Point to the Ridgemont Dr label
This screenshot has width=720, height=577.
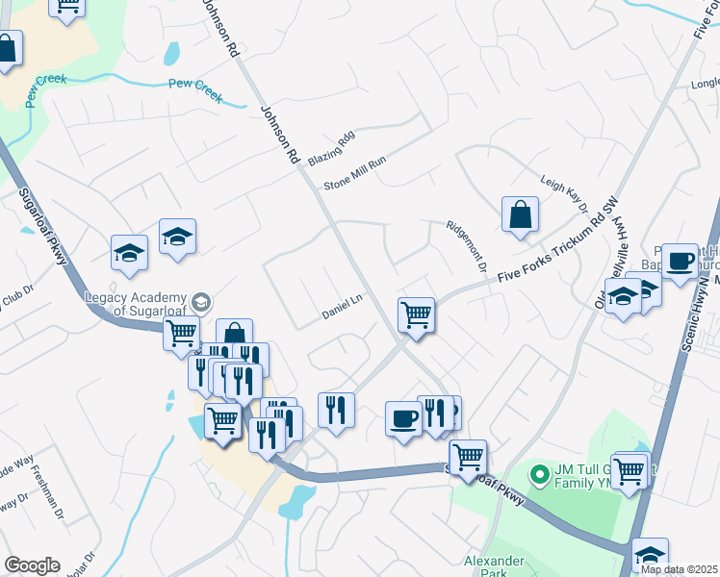coord(467,245)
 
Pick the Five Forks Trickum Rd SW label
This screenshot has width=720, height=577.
coord(556,246)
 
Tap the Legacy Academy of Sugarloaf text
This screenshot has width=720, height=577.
coord(134,304)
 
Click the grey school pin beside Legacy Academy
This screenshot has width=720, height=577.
coord(201,301)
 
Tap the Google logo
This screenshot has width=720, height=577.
coord(32,565)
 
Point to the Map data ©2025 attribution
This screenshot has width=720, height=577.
coord(680,569)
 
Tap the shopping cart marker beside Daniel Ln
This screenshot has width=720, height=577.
coord(416,314)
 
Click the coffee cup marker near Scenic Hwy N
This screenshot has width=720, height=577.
coord(680,261)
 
